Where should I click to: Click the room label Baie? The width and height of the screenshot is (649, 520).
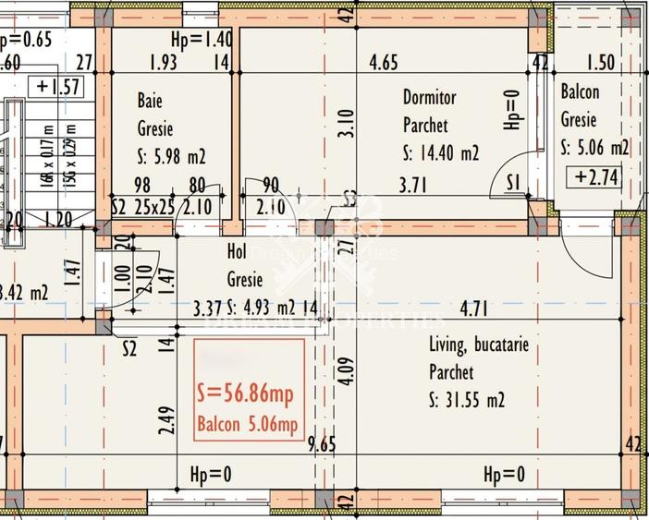coord(151,100)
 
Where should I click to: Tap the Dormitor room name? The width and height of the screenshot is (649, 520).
coord(429,97)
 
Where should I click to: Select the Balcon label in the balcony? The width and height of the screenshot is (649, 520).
coord(580,92)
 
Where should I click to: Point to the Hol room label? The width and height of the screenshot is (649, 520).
coord(237,250)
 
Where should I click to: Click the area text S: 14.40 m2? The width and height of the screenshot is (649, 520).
coord(441,153)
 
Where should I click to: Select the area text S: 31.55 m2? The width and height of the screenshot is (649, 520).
coord(467,401)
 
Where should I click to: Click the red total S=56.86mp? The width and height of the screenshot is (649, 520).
coord(246,394)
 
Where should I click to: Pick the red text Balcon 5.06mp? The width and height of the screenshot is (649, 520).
coord(246,425)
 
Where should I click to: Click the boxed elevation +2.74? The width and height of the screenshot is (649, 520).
coord(595,177)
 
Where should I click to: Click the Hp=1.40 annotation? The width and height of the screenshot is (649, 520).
coord(201,40)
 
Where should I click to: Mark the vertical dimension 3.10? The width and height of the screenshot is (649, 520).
coord(345,125)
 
